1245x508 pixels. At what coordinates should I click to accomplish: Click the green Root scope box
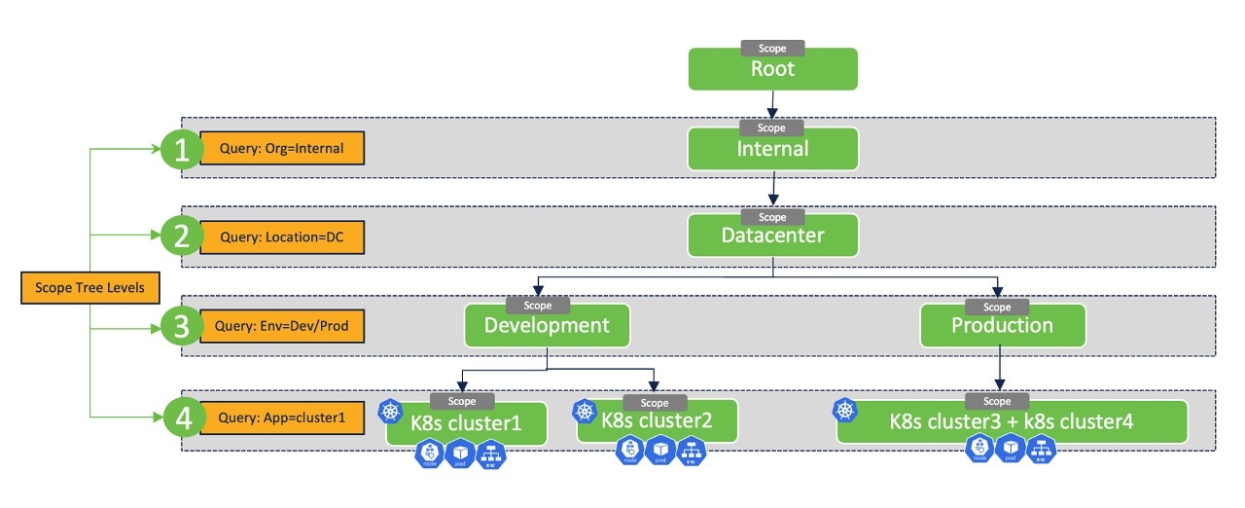[772, 70]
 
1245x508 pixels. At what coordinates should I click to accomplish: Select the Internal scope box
[772, 150]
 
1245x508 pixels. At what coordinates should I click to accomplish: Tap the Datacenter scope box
[772, 236]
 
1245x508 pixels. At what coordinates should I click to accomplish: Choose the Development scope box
[547, 326]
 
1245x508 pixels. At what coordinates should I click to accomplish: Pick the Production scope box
[1002, 326]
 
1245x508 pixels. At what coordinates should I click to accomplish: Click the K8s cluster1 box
[466, 423]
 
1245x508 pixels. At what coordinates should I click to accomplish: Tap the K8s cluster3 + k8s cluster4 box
[1012, 421]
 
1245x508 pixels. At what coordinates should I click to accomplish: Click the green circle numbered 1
[181, 150]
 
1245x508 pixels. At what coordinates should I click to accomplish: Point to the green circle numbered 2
[181, 236]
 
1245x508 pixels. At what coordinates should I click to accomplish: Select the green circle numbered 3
[181, 327]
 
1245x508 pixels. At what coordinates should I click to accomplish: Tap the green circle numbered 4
[181, 417]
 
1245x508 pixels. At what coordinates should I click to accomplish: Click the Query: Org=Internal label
[281, 150]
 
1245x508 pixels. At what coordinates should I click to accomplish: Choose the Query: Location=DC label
[281, 236]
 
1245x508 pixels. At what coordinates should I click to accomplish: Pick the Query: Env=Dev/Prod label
[281, 327]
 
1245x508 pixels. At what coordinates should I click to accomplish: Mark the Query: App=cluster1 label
[281, 417]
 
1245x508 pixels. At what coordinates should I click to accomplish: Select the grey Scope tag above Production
[998, 307]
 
